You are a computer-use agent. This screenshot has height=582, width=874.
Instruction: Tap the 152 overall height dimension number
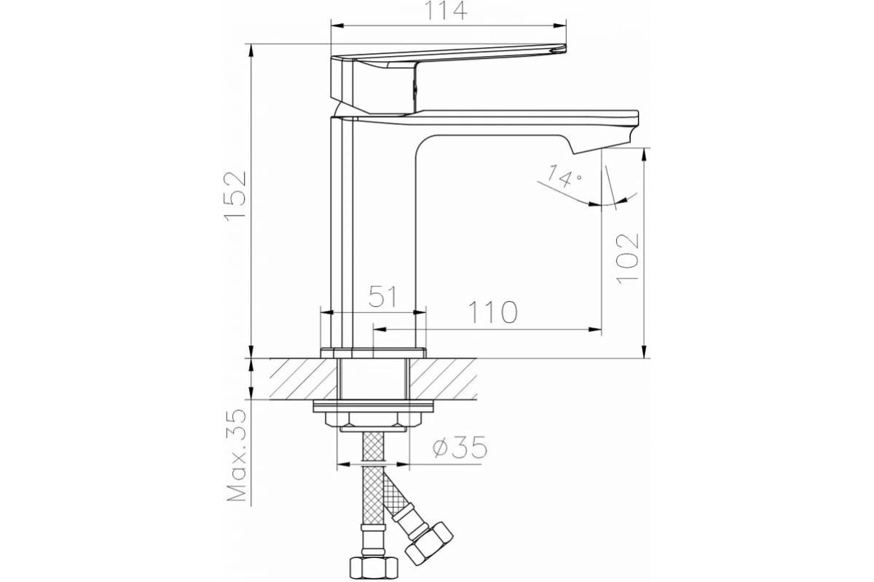click(x=236, y=196)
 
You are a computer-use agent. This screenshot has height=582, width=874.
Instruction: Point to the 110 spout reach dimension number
click(x=493, y=312)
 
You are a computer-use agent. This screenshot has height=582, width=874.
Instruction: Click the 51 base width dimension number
click(x=383, y=296)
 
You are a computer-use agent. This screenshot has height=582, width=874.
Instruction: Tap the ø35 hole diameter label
click(x=460, y=447)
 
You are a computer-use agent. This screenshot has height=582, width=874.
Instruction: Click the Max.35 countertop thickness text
click(x=237, y=455)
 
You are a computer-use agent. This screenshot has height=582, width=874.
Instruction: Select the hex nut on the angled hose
click(x=429, y=542)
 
